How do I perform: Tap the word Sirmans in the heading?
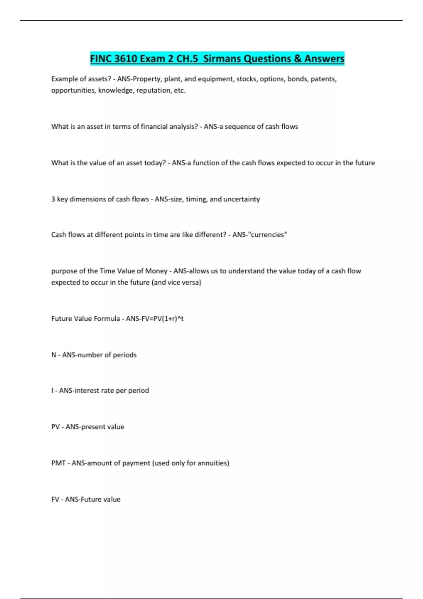pos(222,58)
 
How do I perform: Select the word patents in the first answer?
pos(323,79)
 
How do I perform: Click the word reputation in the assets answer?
pos(153,90)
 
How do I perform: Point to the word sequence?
pos(237,126)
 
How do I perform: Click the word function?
pos(206,163)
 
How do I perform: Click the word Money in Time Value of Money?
pos(156,271)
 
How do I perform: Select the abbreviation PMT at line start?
pos(58,463)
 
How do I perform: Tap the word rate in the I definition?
pos(107,390)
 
